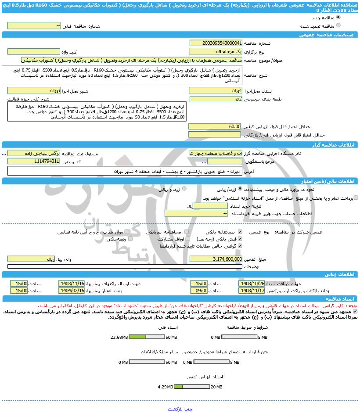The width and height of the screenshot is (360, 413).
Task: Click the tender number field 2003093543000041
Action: click(216, 43)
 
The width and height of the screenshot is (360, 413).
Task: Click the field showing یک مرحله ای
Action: click(216, 51)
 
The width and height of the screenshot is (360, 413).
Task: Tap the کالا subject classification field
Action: click(216, 99)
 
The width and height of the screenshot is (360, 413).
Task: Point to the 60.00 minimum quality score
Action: click(216, 126)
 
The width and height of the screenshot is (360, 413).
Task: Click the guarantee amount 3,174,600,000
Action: click(216, 259)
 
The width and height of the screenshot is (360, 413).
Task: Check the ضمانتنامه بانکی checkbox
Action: click(241, 231)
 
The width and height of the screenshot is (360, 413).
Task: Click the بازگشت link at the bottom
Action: click(175, 409)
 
